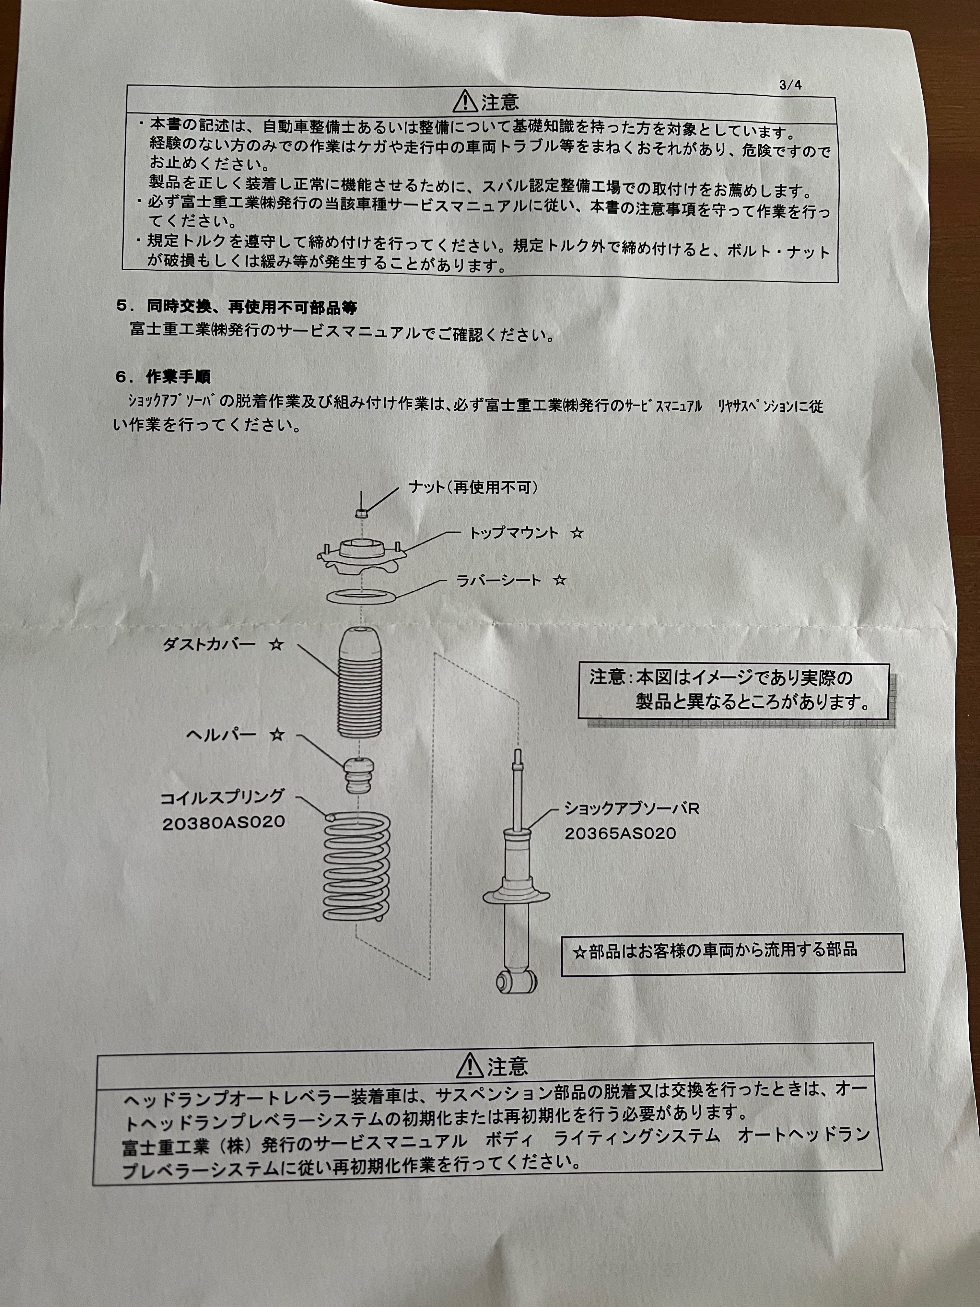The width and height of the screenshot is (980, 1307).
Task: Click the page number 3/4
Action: [x=790, y=85]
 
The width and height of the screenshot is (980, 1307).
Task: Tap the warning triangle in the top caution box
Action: [x=465, y=102]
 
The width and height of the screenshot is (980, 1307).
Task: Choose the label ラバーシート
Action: [x=499, y=580]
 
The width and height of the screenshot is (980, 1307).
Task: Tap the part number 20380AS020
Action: [x=223, y=822]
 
